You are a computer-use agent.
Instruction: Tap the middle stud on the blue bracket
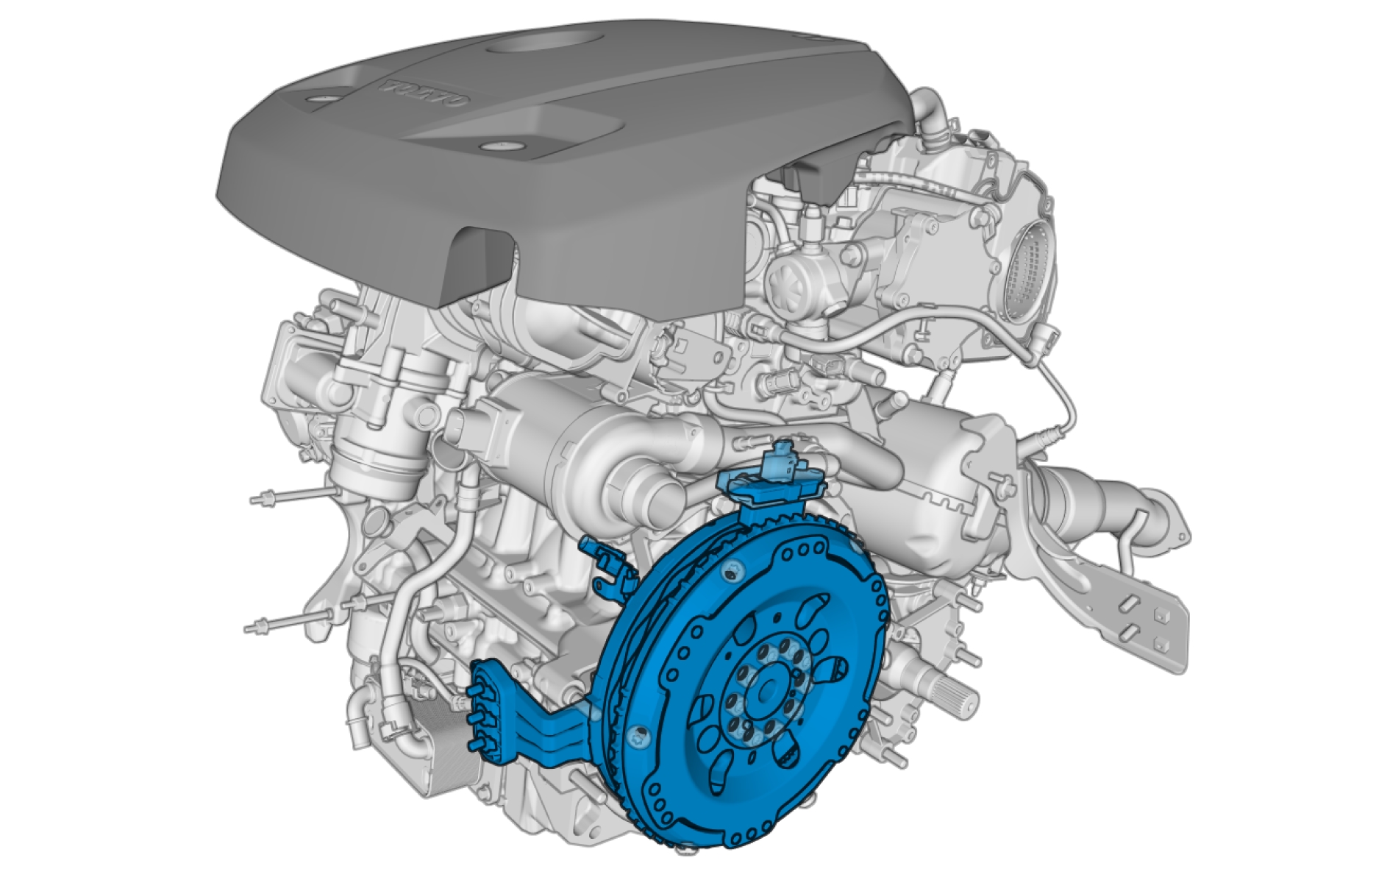coord(474,717)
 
